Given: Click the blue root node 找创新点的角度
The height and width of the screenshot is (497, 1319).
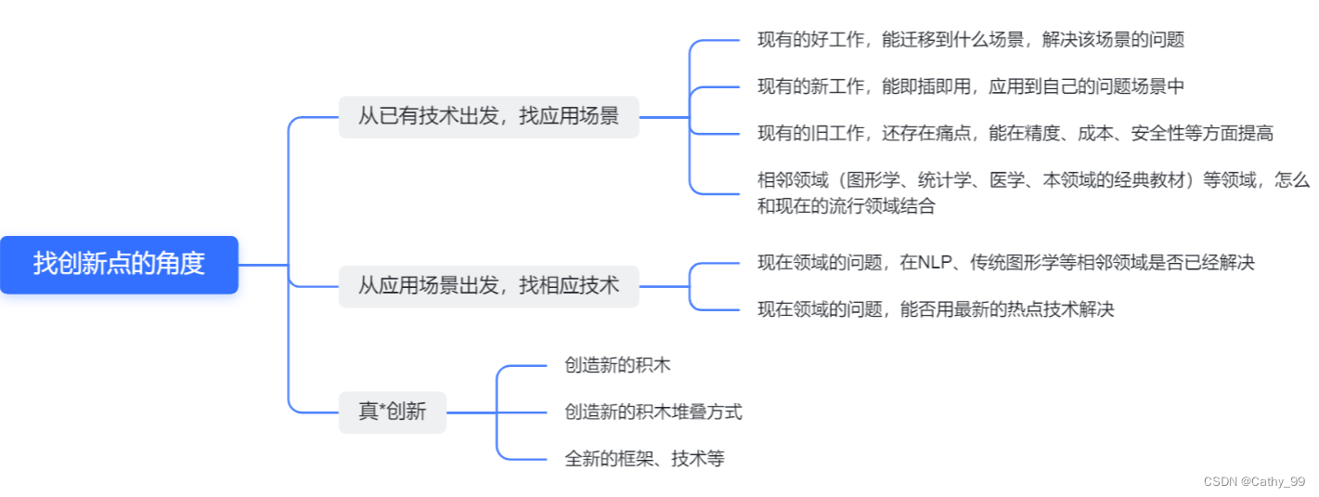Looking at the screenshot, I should (119, 264).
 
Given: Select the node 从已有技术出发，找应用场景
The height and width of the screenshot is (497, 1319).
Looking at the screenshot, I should (488, 117).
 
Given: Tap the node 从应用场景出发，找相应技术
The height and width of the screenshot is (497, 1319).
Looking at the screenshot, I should (488, 286).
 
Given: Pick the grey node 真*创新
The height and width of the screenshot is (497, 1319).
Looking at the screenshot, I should (392, 412).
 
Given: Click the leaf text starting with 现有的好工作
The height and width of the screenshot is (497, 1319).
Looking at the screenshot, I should (970, 40).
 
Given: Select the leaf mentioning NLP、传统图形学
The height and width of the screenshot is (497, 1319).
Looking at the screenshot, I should (1005, 263).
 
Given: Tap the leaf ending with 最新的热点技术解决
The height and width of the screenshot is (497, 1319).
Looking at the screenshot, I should (935, 309).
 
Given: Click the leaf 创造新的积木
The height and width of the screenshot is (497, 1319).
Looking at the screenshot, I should (617, 365).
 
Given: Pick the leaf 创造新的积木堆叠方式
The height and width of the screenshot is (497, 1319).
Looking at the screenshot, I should (653, 412).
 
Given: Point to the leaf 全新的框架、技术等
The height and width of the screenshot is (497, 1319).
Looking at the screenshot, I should (643, 458).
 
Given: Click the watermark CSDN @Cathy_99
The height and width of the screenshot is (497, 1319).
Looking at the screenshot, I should (1254, 481).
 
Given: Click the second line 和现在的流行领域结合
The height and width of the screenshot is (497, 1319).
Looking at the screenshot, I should (846, 206).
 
